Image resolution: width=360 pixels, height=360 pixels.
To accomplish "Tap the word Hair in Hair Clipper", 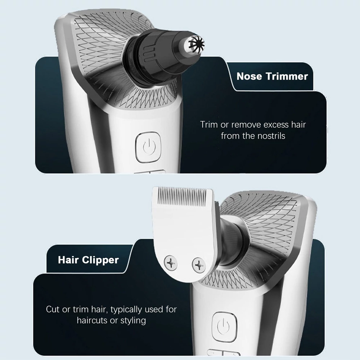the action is coord(68,260).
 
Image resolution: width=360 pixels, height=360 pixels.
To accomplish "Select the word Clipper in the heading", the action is coord(100,260).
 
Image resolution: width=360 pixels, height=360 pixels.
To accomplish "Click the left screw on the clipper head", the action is coord(171,263).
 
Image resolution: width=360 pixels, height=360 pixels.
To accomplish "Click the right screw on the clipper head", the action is coord(199,265).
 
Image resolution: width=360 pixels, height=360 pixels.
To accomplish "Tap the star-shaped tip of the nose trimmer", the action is coord(196,45).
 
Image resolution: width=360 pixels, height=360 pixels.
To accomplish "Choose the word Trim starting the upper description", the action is coord(209,125).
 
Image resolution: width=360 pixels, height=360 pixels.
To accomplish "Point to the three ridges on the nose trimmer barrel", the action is coord(149,54).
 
